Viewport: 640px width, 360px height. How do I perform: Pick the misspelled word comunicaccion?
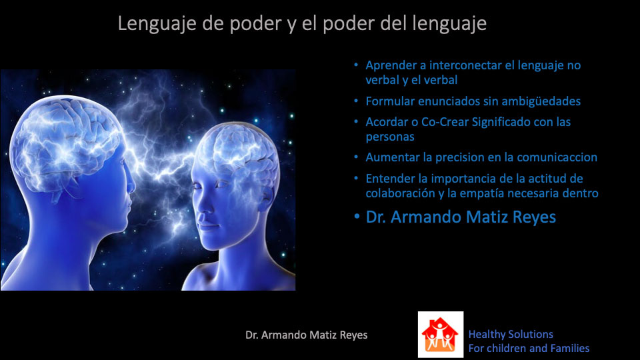coord(557,157)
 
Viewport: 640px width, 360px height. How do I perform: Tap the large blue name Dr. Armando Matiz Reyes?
coord(461,217)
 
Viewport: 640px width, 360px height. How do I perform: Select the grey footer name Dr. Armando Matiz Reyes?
coord(306,335)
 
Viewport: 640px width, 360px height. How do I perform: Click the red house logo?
coord(441,335)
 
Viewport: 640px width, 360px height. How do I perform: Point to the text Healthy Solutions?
coord(511,334)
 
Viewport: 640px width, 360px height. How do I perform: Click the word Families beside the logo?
coord(570,348)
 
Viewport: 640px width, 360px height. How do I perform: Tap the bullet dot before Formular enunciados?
coord(356,101)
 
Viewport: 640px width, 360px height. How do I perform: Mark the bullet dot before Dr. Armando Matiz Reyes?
coord(357,217)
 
